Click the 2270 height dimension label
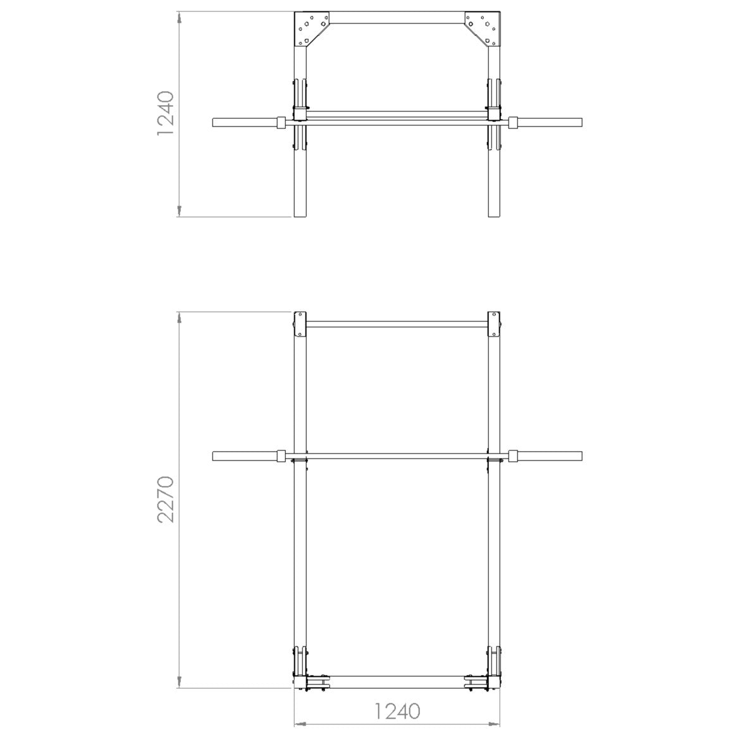point(166,500)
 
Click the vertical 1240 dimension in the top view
point(166,113)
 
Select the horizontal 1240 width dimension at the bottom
point(397,711)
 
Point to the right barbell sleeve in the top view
point(551,122)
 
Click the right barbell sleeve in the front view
point(551,456)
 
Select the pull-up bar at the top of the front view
point(397,325)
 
